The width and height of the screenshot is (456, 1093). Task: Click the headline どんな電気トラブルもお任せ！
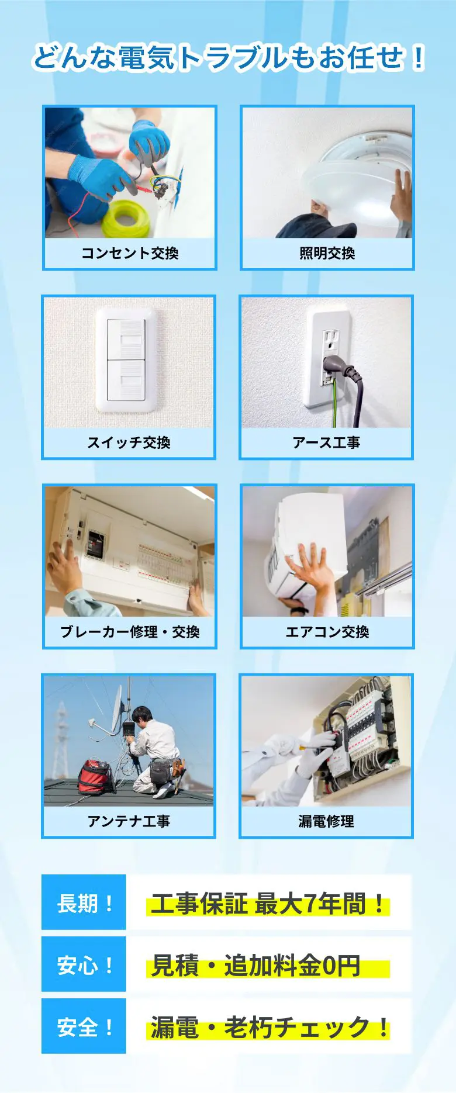[229, 58]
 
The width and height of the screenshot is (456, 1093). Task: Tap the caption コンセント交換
[130, 253]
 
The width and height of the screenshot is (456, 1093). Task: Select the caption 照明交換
[327, 253]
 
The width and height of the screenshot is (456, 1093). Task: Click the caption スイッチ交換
[129, 442]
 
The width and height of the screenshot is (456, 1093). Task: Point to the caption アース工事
[326, 442]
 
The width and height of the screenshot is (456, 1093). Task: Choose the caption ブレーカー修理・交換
[130, 632]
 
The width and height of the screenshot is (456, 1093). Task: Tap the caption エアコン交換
[327, 632]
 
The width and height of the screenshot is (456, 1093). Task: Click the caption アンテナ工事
[129, 821]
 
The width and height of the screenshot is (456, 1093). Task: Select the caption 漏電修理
[326, 821]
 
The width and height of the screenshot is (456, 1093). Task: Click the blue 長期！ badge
[84, 902]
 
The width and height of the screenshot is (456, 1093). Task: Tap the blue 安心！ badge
[84, 964]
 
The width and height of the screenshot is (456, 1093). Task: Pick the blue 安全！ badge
[84, 1026]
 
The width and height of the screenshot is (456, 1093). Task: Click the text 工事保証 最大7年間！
[268, 904]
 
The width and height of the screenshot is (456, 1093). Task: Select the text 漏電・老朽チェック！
[270, 1028]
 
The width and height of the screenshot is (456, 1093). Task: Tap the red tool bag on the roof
[96, 776]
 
